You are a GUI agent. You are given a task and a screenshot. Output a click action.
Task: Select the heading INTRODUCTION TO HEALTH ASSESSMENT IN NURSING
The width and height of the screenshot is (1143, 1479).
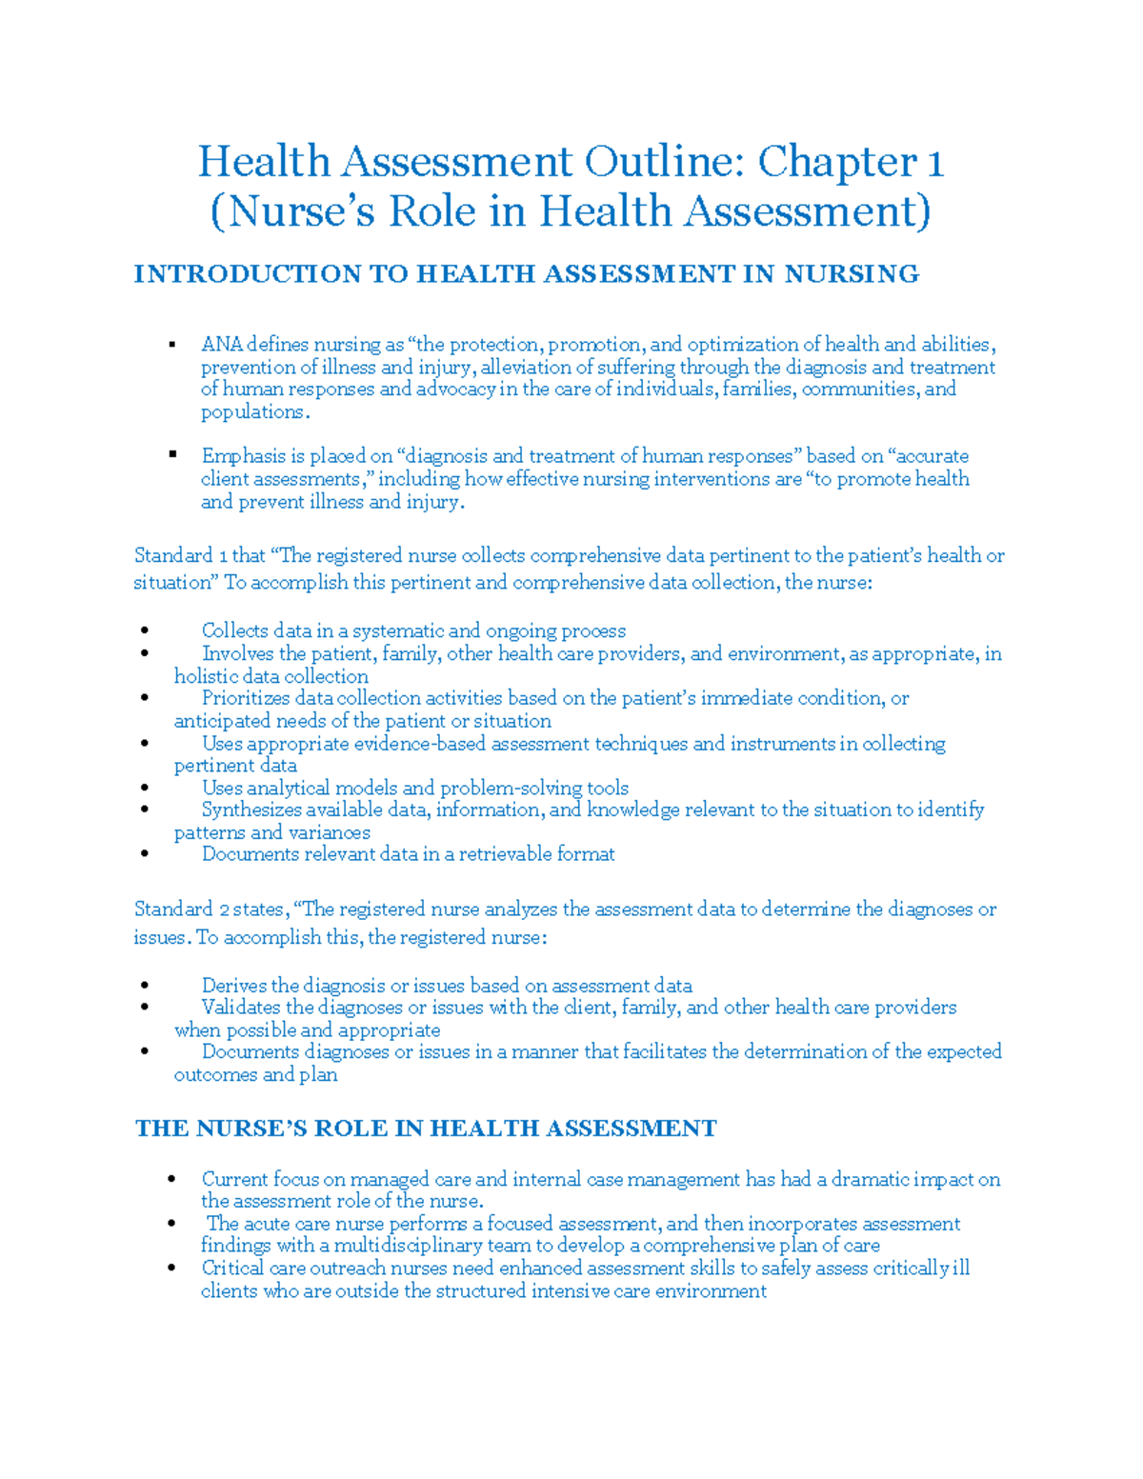[x=526, y=274]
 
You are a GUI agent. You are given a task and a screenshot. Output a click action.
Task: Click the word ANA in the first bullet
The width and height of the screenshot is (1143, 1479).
[x=222, y=345]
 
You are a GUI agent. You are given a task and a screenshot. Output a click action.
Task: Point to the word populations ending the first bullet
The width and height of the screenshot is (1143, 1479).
[x=253, y=412]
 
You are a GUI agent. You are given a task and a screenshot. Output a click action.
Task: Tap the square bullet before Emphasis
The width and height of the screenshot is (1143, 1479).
[x=172, y=454]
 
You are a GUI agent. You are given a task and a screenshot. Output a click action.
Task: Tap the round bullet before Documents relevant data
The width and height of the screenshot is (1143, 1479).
[x=144, y=854]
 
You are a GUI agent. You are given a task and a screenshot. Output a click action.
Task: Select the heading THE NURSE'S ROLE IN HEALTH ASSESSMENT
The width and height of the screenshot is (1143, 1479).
[x=426, y=1129]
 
